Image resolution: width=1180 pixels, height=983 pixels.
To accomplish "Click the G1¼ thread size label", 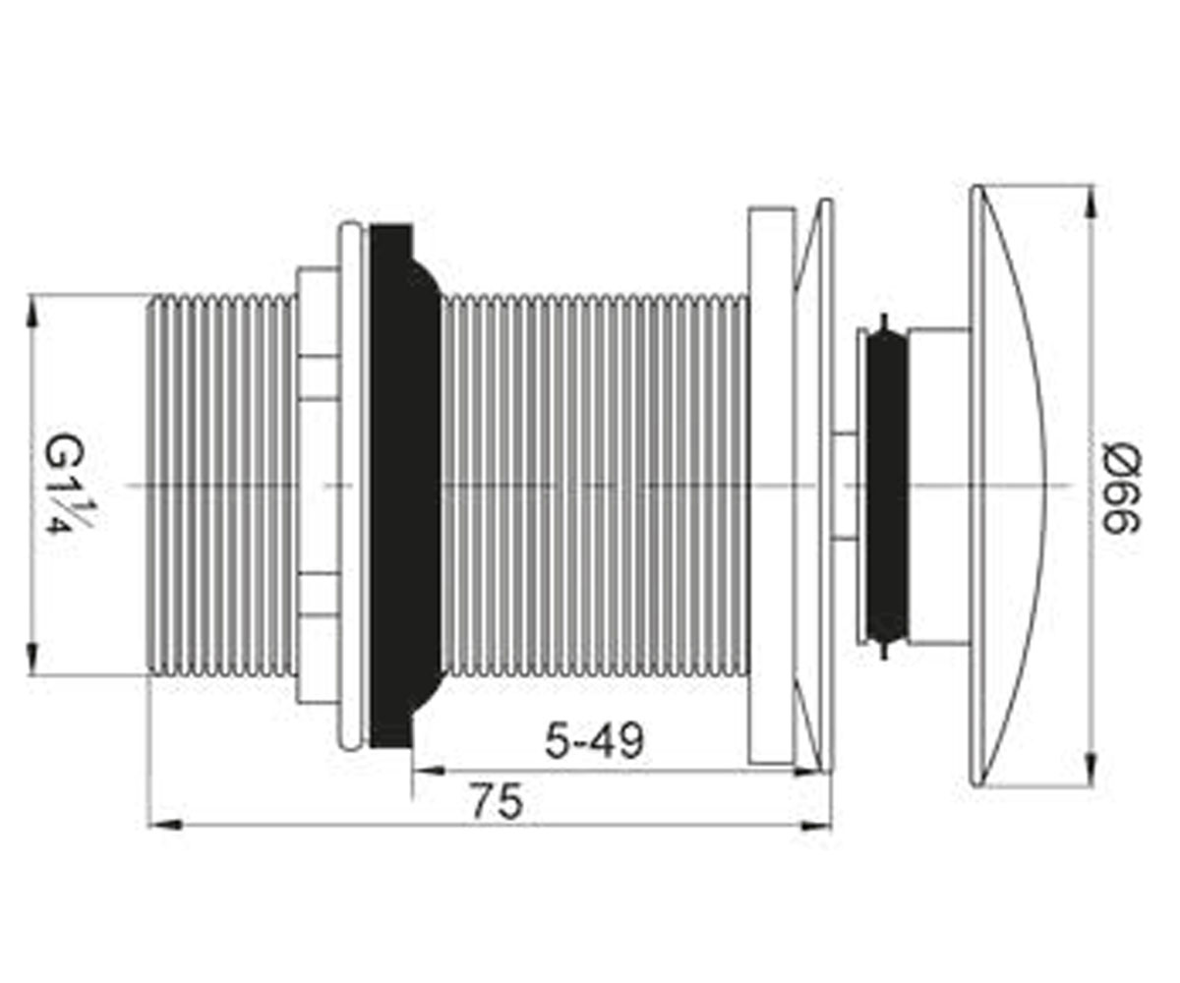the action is click(67, 484).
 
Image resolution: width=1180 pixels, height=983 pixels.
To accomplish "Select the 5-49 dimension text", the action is click(594, 740).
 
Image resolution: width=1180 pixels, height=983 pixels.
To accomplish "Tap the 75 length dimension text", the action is click(498, 800).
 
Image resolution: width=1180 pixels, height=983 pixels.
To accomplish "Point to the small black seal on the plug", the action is click(887, 486).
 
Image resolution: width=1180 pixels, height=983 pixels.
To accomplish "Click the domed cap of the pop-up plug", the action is click(1009, 485).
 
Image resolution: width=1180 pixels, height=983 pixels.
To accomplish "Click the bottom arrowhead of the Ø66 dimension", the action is click(1091, 770).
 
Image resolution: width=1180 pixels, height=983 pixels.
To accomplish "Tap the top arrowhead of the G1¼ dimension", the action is click(32, 310).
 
